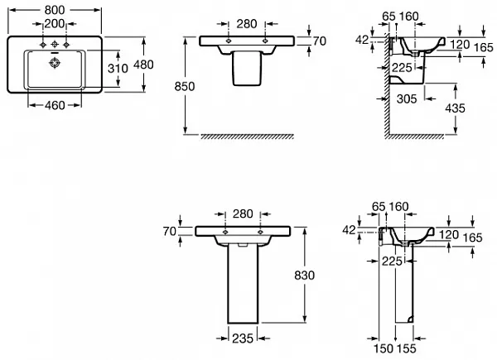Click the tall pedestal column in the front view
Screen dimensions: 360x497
point(243,281)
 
